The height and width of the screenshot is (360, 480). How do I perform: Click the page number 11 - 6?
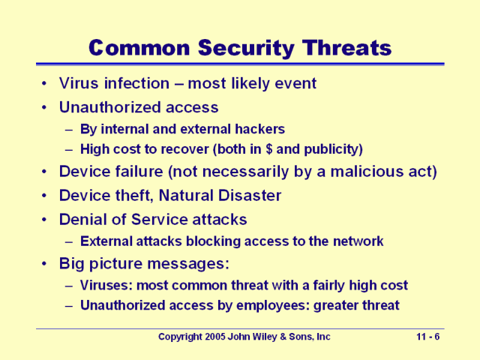[428, 337]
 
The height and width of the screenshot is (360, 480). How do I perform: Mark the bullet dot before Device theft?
[46, 196]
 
